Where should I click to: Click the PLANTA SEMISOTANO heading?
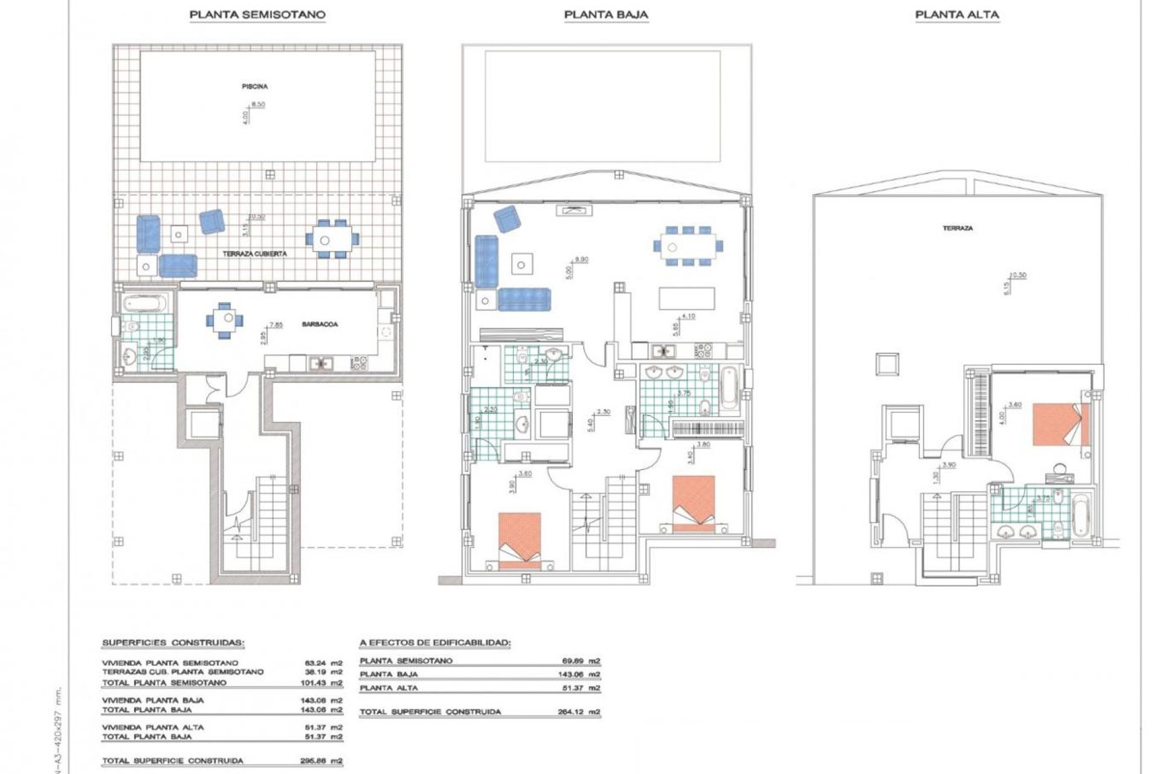(257, 15)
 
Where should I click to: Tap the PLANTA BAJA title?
(606, 15)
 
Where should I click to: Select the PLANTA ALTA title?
(957, 15)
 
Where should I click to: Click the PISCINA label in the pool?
(255, 86)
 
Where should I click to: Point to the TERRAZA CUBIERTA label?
(254, 255)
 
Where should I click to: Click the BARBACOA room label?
(320, 325)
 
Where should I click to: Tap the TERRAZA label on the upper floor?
(958, 229)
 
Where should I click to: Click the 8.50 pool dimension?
(258, 105)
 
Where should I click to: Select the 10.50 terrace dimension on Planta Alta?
(1019, 275)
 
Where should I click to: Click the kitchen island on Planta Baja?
(686, 298)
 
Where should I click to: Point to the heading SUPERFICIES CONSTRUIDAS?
(173, 642)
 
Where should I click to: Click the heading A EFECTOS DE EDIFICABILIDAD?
(434, 642)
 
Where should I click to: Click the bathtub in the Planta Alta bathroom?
(1079, 516)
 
